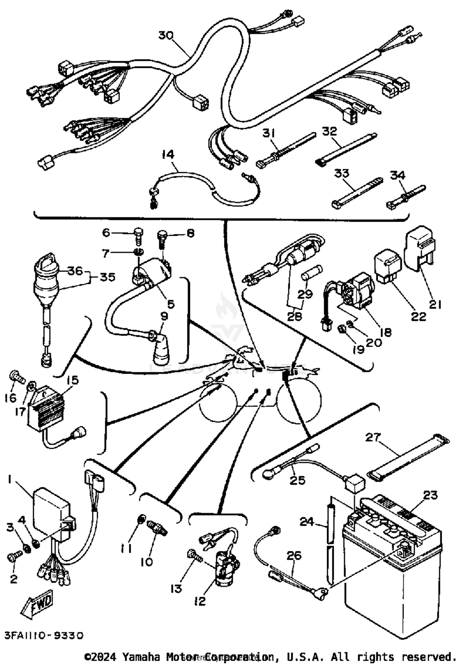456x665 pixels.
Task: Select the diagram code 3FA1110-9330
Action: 44,635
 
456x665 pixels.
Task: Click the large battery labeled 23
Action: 392,572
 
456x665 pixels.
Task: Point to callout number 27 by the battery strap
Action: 373,437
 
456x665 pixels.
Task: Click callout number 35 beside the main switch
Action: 107,277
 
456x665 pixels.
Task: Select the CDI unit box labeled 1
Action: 50,514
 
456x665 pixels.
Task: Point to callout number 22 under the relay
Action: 419,317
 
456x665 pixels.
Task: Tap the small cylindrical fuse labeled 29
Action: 312,272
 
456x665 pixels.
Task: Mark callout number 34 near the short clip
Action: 398,175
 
